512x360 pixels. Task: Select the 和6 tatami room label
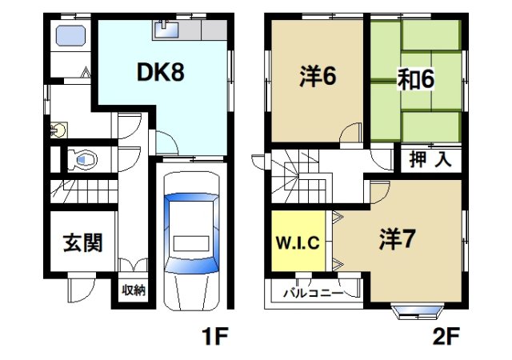point(415,81)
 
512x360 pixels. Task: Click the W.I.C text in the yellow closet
point(297,242)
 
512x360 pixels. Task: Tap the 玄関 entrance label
point(82,242)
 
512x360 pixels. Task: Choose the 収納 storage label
point(133,290)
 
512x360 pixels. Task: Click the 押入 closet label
point(431,158)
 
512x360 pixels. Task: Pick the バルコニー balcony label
point(314,293)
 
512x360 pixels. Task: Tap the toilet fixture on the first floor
point(82,159)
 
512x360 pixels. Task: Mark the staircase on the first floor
point(84,192)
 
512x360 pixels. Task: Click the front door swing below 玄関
point(80,286)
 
